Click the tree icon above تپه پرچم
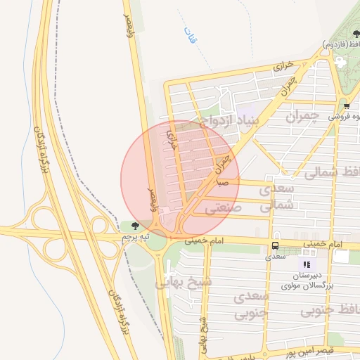135,226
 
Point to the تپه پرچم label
136,237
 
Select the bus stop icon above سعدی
274,246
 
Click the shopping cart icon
346,106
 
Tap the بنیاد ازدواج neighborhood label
229,120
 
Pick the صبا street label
223,183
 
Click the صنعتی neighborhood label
224,208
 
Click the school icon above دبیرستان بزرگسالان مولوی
306,264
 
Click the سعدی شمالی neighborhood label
275,198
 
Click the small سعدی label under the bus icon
274,257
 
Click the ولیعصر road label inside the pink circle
150,199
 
